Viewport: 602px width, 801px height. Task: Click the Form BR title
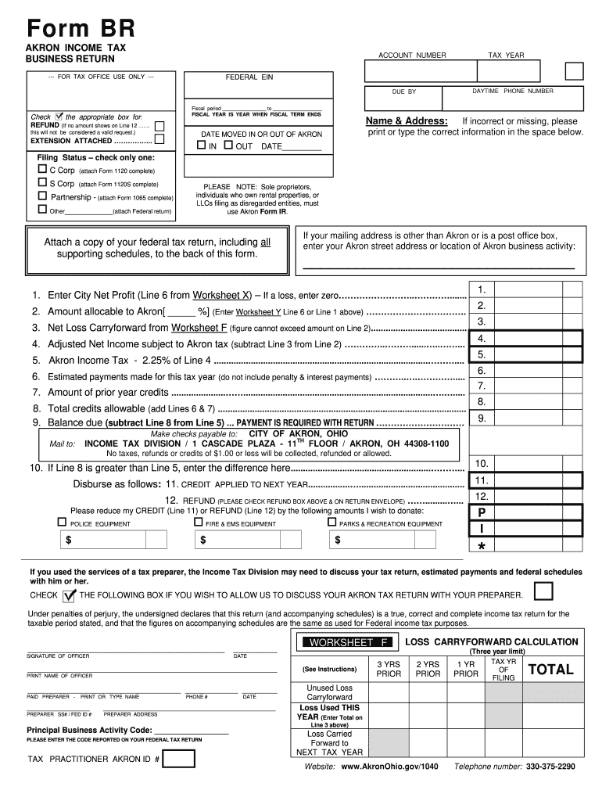tap(81, 30)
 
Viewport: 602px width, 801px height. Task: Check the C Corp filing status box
tap(43, 169)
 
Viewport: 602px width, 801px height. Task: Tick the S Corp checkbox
tap(43, 183)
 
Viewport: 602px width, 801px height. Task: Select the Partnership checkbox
tap(43, 196)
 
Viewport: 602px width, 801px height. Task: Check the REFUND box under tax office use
tap(159, 125)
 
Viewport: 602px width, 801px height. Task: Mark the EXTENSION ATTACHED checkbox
tap(159, 140)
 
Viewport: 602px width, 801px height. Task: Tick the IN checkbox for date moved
tap(201, 145)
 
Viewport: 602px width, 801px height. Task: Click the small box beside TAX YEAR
tap(574, 71)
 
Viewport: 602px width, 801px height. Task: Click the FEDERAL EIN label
tap(249, 77)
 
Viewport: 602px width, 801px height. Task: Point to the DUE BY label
tap(403, 92)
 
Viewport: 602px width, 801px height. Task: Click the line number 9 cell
tap(482, 418)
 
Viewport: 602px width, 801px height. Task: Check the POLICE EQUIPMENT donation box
tap(62, 522)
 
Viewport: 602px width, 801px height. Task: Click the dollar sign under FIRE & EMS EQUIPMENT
tap(203, 540)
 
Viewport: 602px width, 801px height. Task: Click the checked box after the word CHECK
tap(70, 594)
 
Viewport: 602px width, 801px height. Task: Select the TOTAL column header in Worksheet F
tap(551, 670)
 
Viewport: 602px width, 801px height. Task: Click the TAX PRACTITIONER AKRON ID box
tap(179, 759)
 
